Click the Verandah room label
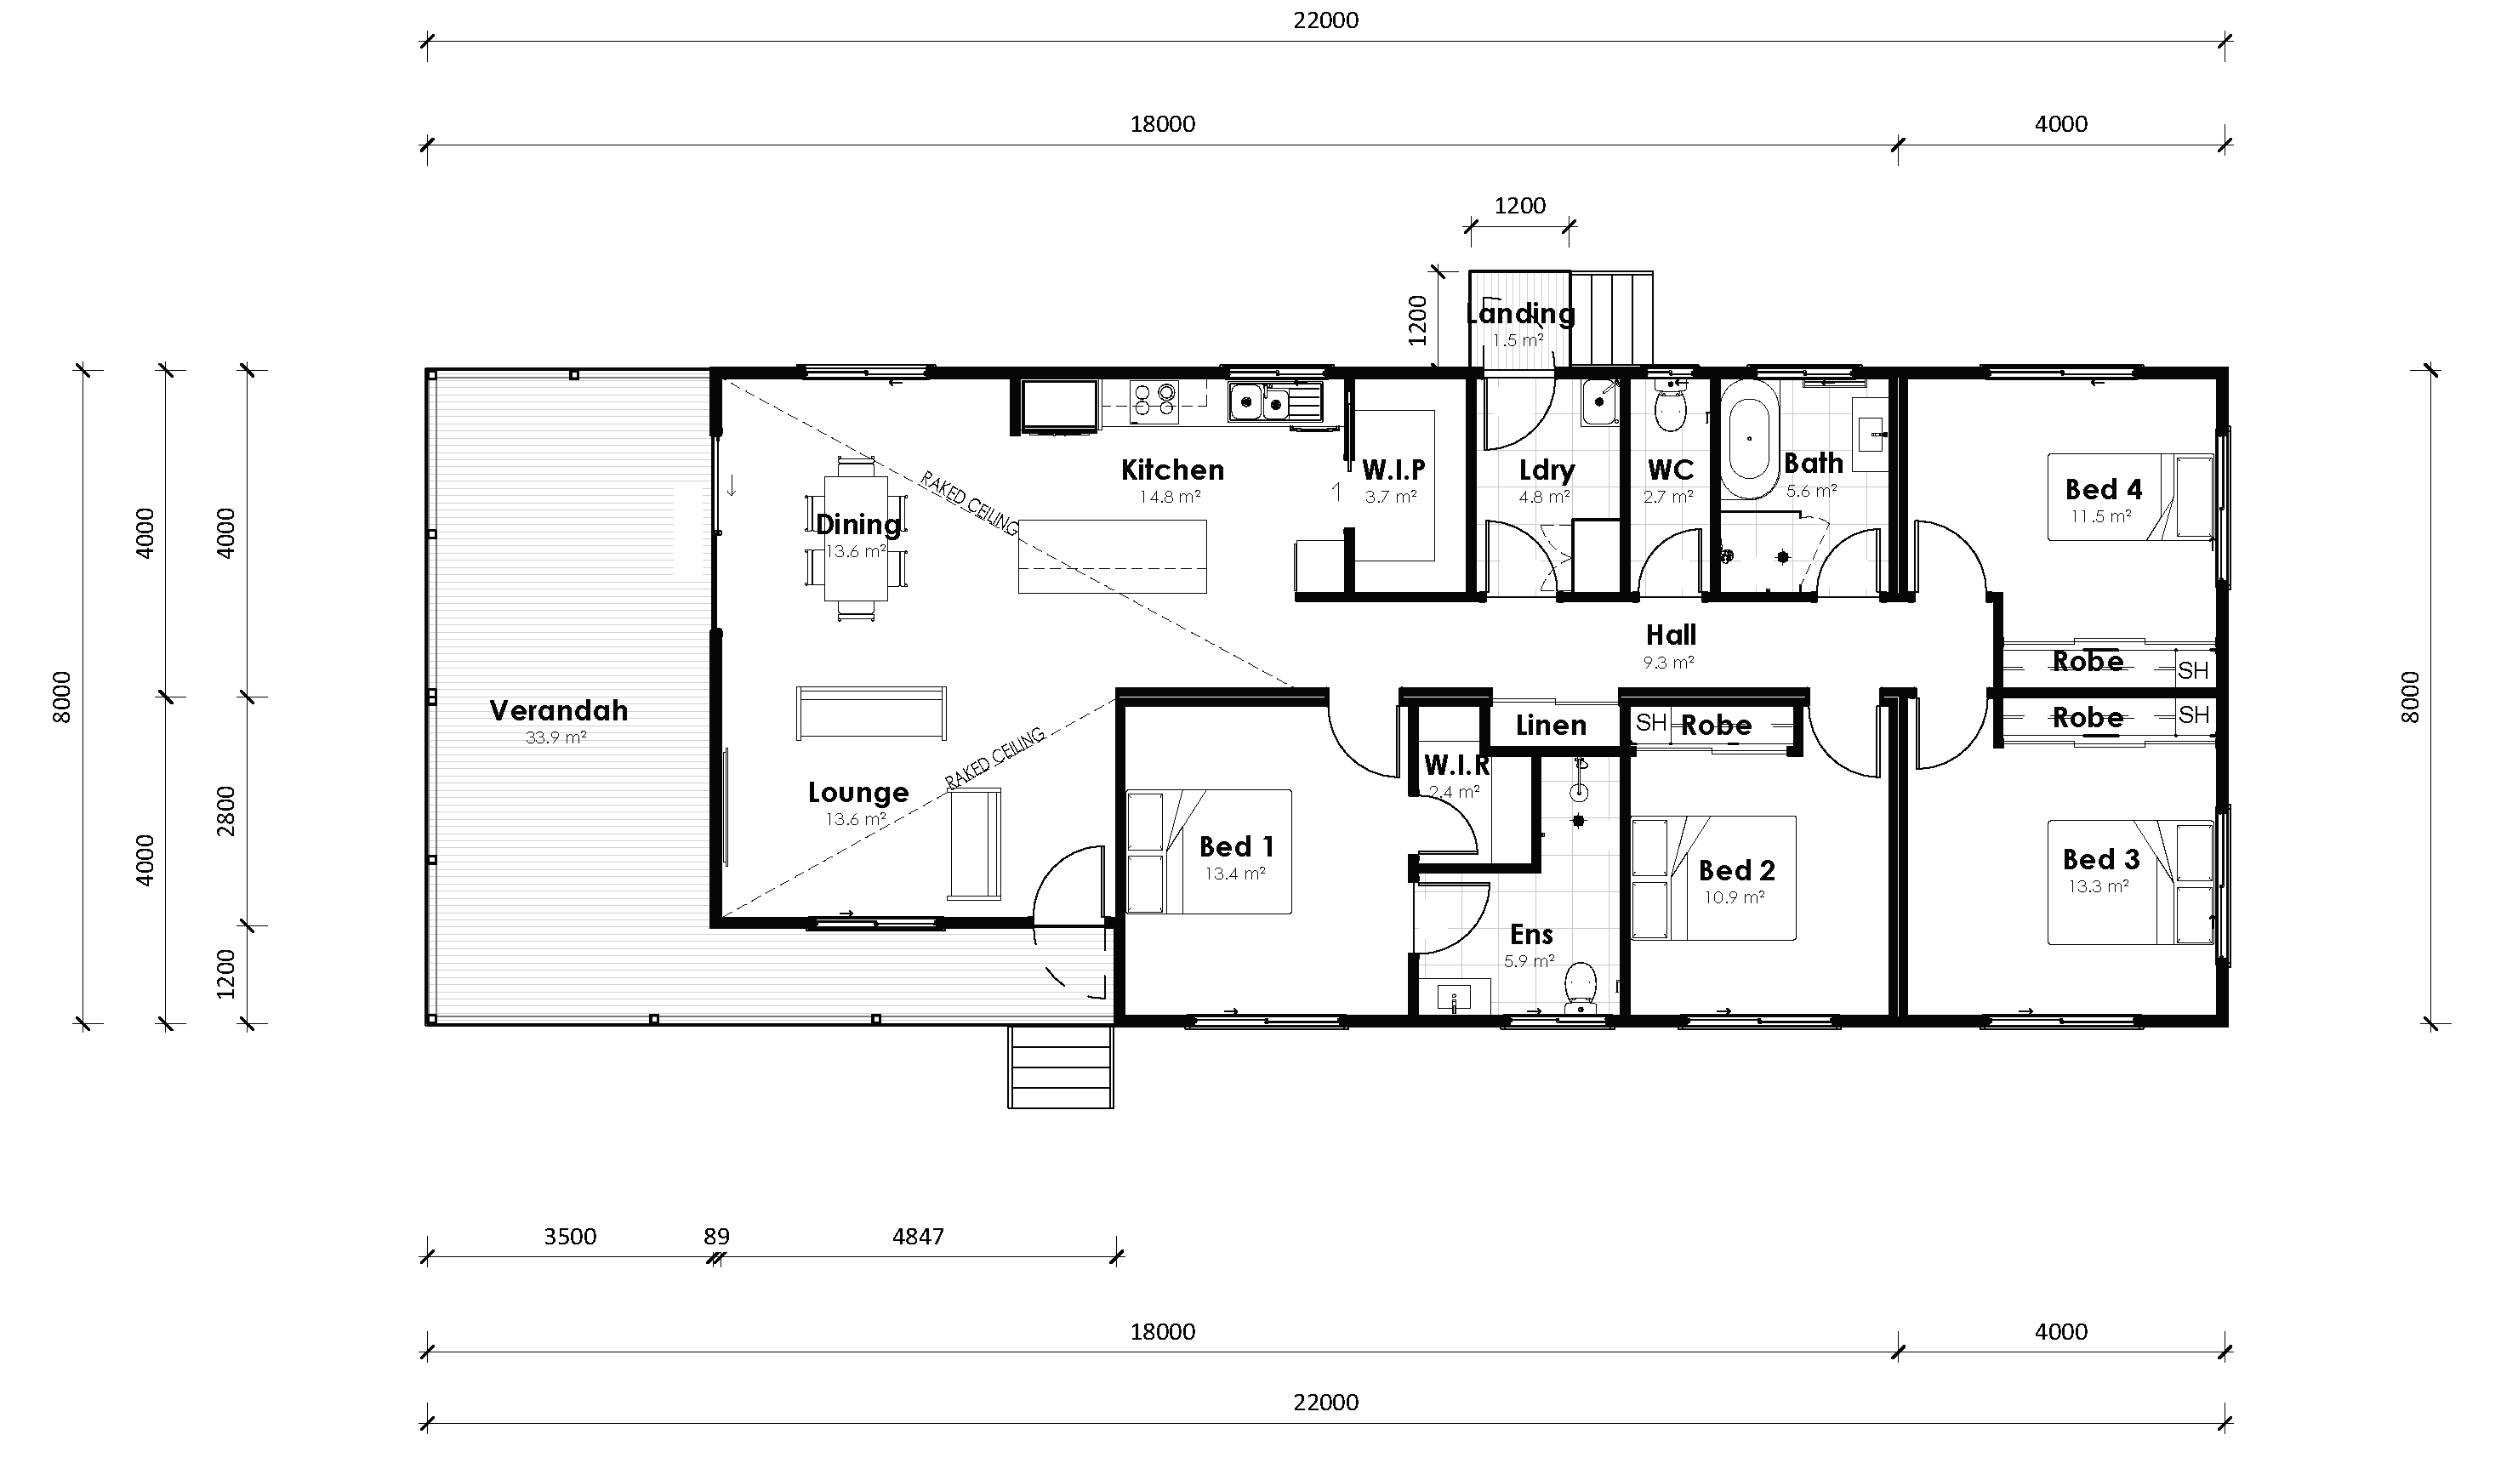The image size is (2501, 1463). pos(559,710)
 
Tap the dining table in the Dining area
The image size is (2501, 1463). pos(856,538)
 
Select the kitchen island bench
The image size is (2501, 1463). pos(1112,557)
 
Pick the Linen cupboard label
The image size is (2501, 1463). pos(1552,726)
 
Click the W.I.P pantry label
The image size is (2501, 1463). pos(1393,470)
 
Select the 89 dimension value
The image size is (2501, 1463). pos(716,1237)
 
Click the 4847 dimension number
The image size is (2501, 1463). pos(918,1237)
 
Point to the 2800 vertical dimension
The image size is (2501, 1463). pos(226,810)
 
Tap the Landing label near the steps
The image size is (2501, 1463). pos(1520,314)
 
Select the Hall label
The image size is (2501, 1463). pos(1672,635)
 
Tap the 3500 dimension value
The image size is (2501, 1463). pos(571,1237)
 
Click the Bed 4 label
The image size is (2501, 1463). pos(2103,489)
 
